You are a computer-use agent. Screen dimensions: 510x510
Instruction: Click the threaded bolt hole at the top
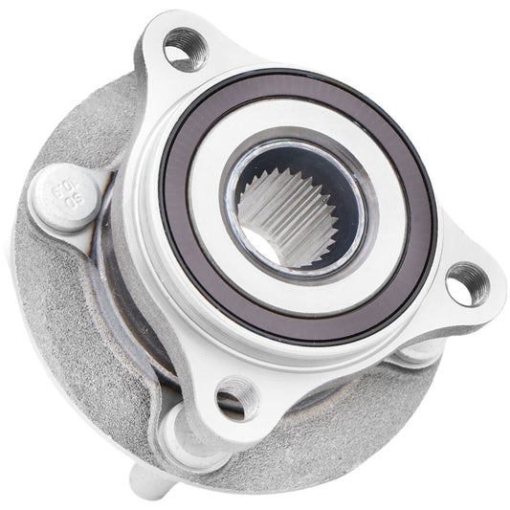pyautogui.click(x=185, y=47)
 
